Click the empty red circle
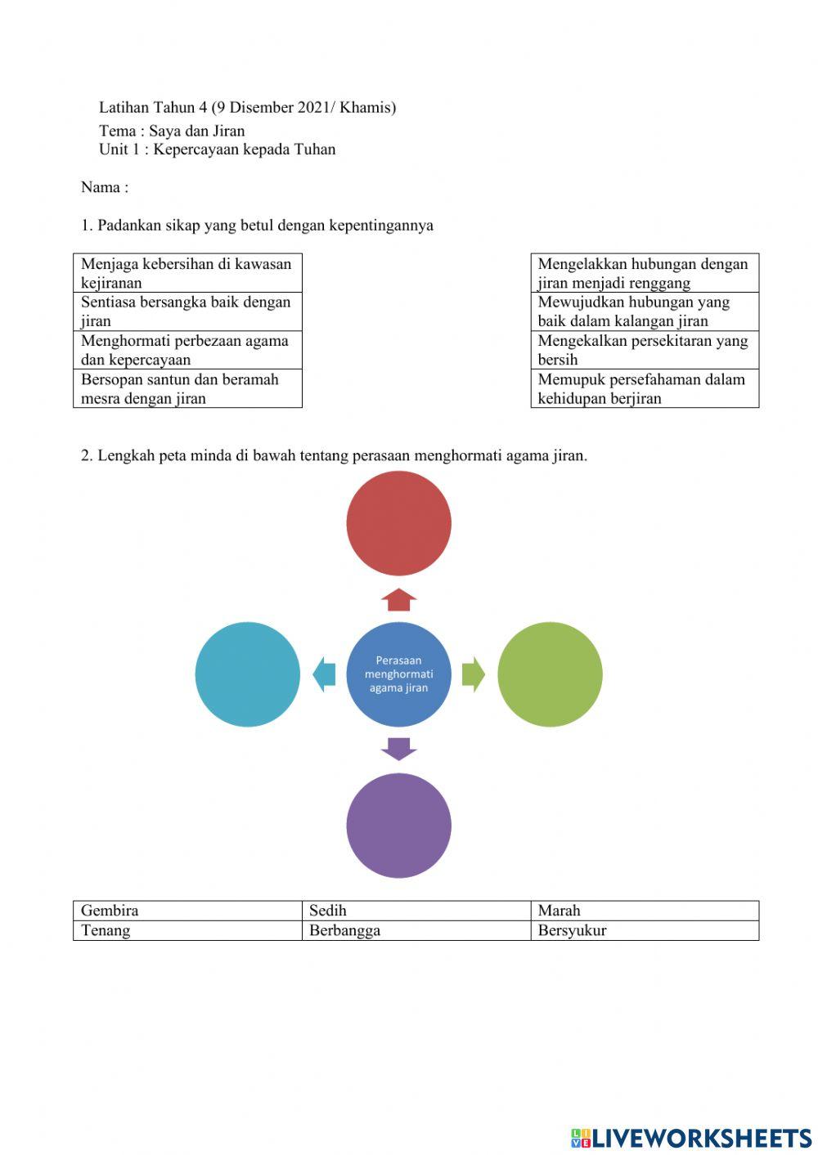pyautogui.click(x=398, y=523)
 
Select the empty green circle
pyautogui.click(x=550, y=674)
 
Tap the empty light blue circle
pyautogui.click(x=248, y=674)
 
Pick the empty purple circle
pyautogui.click(x=398, y=826)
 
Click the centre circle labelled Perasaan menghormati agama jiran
pyautogui.click(x=398, y=674)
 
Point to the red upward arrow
pyautogui.click(x=398, y=599)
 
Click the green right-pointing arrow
pyautogui.click(x=473, y=674)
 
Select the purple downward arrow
pyautogui.click(x=398, y=749)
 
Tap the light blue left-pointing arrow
pyautogui.click(x=325, y=674)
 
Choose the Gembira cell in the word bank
pyautogui.click(x=187, y=911)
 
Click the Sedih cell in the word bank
pyautogui.click(x=416, y=911)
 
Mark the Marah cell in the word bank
pyautogui.click(x=645, y=911)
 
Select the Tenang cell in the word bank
pyautogui.click(x=187, y=930)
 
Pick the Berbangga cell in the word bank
pyautogui.click(x=416, y=930)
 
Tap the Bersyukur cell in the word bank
pyautogui.click(x=645, y=930)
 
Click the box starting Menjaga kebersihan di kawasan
pyautogui.click(x=187, y=273)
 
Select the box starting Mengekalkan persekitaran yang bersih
pyautogui.click(x=645, y=350)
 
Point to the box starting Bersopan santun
pyautogui.click(x=187, y=388)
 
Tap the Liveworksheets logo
pyautogui.click(x=691, y=1137)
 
